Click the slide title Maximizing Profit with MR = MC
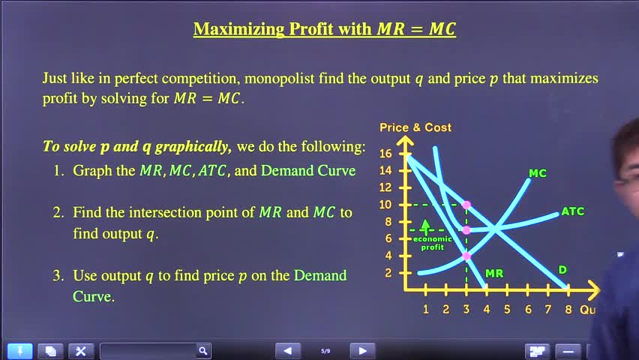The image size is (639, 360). (324, 29)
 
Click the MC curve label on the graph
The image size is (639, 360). (538, 173)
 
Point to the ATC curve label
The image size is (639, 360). (572, 211)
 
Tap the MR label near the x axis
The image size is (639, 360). (494, 273)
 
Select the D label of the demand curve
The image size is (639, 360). (562, 270)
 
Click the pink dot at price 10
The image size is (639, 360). (466, 205)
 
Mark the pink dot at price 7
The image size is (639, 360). (466, 230)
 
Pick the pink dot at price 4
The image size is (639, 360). (466, 256)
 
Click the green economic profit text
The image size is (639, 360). (433, 242)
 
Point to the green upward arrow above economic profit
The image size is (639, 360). (426, 226)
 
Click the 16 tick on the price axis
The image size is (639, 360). (385, 154)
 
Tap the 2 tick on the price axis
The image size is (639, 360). (388, 273)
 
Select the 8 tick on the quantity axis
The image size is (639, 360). (568, 310)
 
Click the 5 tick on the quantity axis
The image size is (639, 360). (507, 310)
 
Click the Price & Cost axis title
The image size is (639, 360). (415, 127)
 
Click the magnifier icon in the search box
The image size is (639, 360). (202, 350)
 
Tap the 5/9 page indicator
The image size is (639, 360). (325, 350)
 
